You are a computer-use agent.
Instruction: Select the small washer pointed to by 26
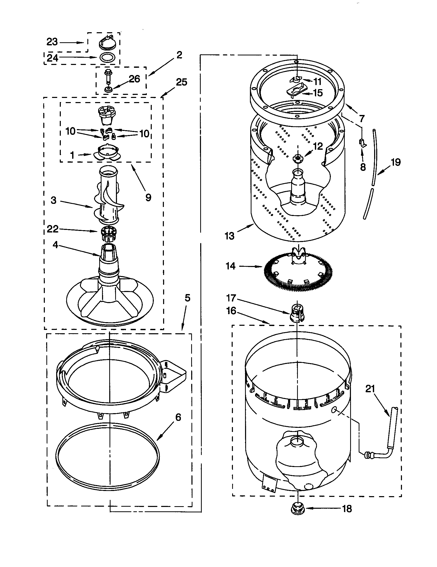click(x=108, y=90)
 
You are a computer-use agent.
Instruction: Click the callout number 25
click(x=181, y=82)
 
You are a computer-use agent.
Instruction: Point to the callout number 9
click(x=148, y=198)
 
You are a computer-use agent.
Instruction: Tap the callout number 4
click(x=55, y=245)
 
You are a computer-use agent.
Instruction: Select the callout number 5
click(x=187, y=298)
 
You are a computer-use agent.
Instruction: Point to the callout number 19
click(x=396, y=162)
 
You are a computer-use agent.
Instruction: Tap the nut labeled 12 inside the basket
click(x=297, y=157)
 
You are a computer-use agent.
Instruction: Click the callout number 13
click(x=229, y=236)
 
